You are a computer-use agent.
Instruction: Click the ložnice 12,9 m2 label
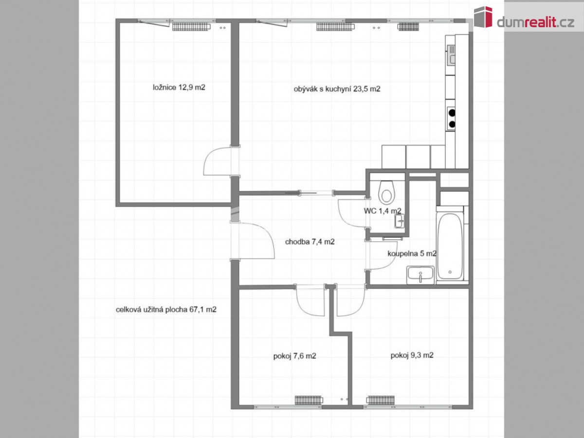179,88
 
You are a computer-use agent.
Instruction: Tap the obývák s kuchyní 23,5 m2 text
337,89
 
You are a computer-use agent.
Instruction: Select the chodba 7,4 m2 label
310,242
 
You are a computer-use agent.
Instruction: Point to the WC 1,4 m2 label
383,211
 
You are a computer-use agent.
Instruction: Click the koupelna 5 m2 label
412,254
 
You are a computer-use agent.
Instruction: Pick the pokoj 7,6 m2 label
294,356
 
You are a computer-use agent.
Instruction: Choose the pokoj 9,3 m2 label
412,355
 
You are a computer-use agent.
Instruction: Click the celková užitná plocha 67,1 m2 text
166,310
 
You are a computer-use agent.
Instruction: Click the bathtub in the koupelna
450,246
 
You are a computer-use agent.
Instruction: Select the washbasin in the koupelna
420,275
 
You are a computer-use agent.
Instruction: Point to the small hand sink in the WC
400,221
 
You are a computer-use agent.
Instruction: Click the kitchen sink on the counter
451,55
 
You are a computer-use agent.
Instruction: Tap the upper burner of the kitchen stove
452,113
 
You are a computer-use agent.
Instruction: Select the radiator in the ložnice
191,27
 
